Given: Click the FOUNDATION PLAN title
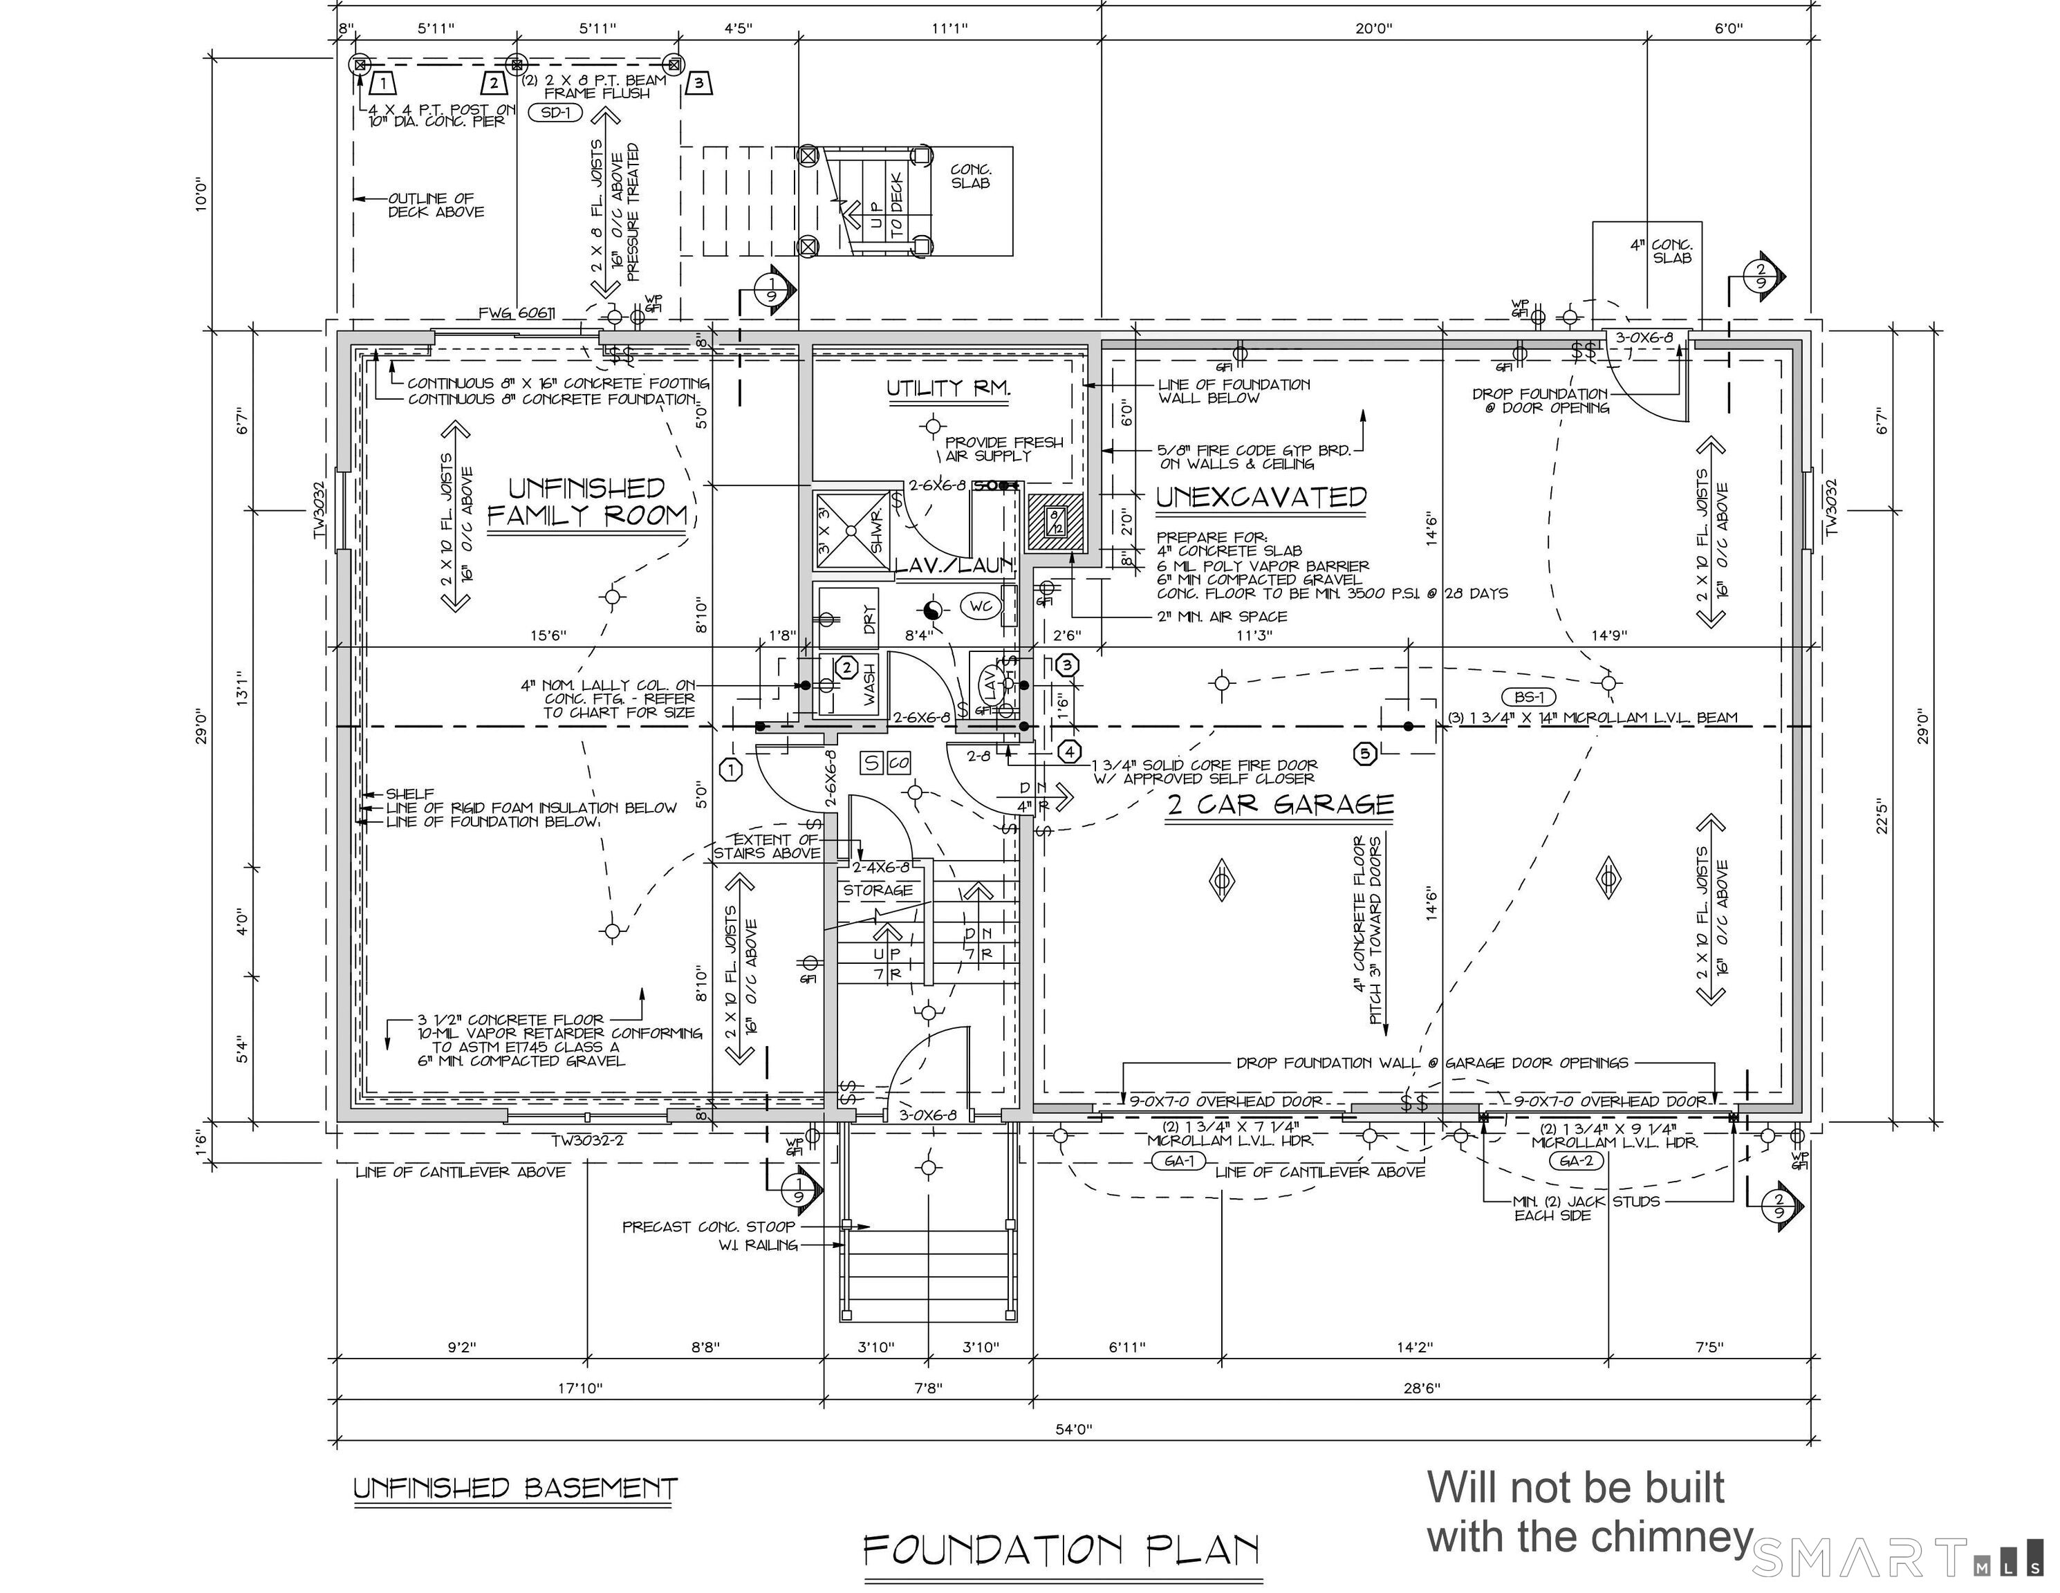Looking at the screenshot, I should pos(1062,1549).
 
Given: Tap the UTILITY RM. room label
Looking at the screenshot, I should pos(949,388).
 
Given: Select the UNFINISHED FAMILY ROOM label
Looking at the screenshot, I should pos(586,502).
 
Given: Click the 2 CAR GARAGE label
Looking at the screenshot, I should pos(1280,805).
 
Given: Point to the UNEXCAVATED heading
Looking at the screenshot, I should pos(1261,497).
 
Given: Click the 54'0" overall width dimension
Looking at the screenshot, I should pos(1073,1429).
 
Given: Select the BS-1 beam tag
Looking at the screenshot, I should pos(1529,697).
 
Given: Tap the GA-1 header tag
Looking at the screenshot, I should pos(1179,1161).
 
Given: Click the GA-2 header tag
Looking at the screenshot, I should pos(1576,1161).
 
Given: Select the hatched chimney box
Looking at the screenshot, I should pos(1055,521).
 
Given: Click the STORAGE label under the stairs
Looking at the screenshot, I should pos(878,891).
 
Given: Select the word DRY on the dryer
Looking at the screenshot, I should pos(869,619).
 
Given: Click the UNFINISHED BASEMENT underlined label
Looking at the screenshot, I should pos(515,1489).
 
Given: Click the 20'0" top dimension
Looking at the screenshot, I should pos(1373,29).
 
